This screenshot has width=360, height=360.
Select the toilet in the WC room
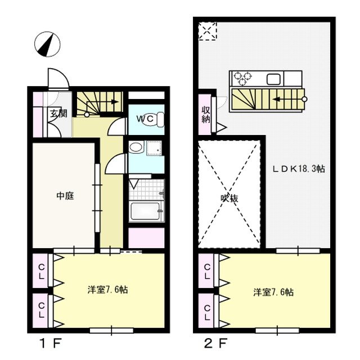[160, 119]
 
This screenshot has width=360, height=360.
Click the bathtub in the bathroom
[145, 213]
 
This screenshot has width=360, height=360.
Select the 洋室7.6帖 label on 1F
[107, 290]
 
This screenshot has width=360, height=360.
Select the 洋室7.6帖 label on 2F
[273, 292]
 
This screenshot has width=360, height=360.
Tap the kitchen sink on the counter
[274, 78]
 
